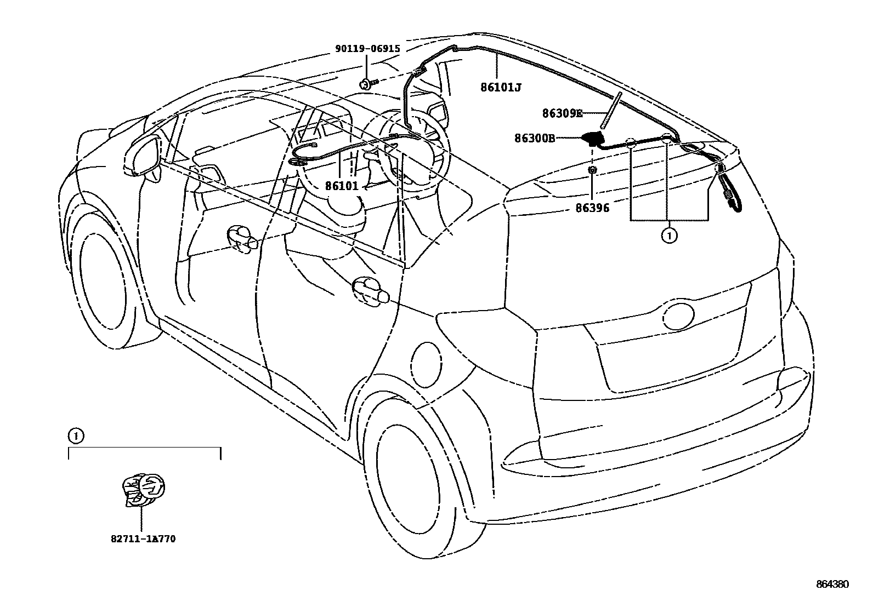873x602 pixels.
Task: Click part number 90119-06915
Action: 367,49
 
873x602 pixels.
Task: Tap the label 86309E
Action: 562,113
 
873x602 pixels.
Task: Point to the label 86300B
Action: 535,138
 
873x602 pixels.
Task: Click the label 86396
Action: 592,208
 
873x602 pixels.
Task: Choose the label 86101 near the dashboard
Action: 342,186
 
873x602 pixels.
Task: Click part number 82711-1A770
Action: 143,539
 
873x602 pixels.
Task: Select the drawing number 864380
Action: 832,584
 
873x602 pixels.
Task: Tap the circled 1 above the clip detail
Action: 76,436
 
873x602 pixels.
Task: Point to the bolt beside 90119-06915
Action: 367,84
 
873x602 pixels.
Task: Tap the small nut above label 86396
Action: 592,171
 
